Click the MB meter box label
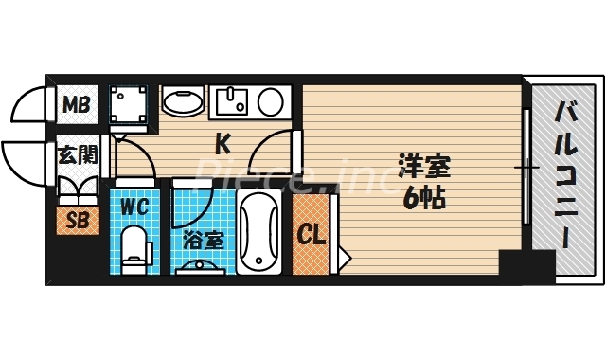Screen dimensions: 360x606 (77, 103)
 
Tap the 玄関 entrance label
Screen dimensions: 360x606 (76, 153)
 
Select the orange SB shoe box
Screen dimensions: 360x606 (76, 221)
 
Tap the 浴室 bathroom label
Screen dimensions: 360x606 (202, 240)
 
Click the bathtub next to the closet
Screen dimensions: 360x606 (259, 232)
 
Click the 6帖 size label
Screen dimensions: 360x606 (423, 199)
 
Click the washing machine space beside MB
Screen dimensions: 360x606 (128, 104)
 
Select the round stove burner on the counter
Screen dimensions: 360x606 (270, 100)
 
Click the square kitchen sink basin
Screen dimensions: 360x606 (231, 101)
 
